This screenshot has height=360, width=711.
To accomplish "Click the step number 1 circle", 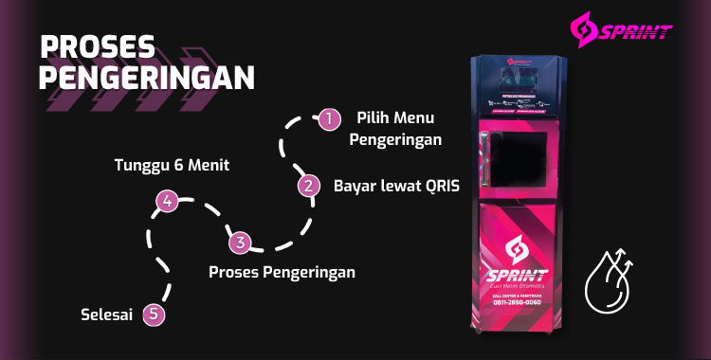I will [x=328, y=118].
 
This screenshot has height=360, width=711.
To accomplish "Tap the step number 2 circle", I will [x=307, y=186].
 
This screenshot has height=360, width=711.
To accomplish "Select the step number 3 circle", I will [x=241, y=243].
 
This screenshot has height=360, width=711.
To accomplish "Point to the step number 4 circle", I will [x=167, y=201].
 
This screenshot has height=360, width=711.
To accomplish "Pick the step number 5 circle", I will [x=155, y=315].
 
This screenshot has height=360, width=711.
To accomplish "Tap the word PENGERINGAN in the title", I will [x=147, y=76].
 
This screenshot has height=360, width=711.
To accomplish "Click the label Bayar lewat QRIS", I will [x=396, y=186].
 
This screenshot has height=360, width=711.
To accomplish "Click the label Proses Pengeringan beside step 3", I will [x=283, y=272].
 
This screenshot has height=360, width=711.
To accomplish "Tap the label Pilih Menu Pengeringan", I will [x=396, y=129].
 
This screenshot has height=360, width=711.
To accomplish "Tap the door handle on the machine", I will [x=485, y=156].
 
